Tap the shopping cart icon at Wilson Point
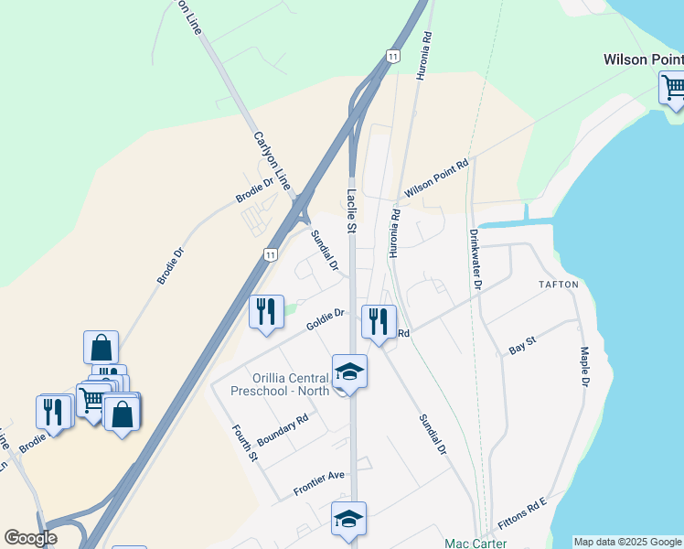coord(672,89)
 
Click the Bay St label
coord(521,347)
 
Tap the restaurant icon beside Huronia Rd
coord(378,321)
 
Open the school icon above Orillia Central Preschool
coord(348,371)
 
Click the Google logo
coord(30,538)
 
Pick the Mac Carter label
coord(475,543)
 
